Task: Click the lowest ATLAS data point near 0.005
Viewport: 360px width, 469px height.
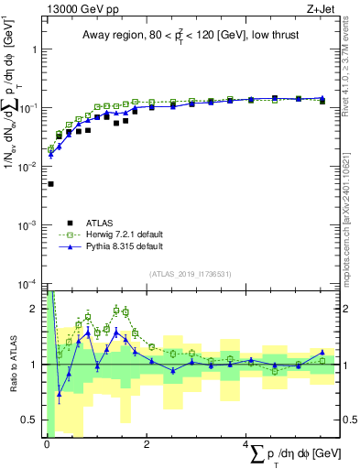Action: [49, 184]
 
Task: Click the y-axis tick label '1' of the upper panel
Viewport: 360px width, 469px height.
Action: [37, 49]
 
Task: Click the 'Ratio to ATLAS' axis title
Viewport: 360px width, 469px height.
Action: [11, 365]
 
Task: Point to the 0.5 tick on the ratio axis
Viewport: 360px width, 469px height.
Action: [32, 420]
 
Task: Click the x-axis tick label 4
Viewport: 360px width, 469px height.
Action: [245, 445]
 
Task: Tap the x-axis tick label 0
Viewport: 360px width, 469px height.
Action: [47, 445]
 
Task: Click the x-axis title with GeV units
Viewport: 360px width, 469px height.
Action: [283, 454]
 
